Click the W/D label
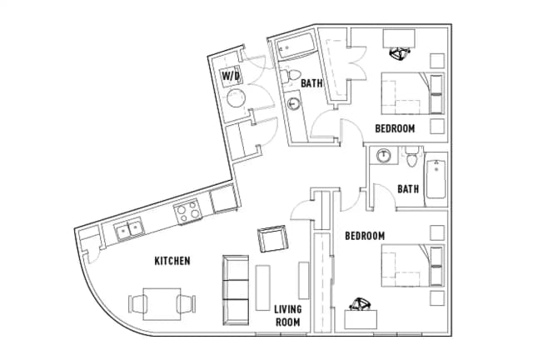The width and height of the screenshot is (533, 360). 231,76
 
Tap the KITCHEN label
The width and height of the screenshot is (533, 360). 172,261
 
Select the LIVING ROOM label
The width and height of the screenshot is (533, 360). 288,316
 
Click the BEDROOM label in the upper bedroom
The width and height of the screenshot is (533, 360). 395,128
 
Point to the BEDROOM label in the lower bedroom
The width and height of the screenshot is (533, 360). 365,236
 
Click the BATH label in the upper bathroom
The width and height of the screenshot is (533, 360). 311,83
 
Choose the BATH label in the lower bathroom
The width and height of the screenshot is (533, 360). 408,188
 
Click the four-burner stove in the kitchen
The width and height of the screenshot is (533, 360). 187,212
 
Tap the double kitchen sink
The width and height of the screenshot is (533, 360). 129,229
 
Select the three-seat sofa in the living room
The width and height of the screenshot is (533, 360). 235,290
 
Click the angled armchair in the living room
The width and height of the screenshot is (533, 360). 272,238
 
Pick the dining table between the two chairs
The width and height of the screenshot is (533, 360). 162,304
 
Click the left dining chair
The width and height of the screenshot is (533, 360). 137,304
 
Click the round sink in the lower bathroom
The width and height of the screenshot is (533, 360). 384,156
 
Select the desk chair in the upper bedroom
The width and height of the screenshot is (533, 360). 400,53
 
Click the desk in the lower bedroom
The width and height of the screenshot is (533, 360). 361,319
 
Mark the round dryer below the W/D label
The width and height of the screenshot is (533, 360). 236,98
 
